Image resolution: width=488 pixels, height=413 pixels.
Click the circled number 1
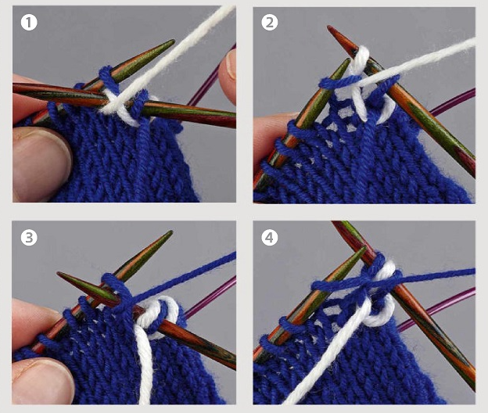[x=29, y=23]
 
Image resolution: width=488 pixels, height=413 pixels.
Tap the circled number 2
[x=270, y=23]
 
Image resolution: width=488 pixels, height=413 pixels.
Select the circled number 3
[x=29, y=238]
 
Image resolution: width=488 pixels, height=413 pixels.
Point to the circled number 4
[x=270, y=238]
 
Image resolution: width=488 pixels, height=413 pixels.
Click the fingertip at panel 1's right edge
[x=228, y=74]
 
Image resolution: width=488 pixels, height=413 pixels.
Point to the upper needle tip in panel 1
[x=173, y=41]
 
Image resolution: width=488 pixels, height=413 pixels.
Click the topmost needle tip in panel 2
[x=328, y=27]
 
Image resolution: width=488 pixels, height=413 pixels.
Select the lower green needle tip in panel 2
[x=348, y=59]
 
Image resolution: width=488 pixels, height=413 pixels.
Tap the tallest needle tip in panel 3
[x=170, y=232]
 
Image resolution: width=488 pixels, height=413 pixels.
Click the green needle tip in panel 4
[x=364, y=249]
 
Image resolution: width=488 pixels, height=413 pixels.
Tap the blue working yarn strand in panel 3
[x=184, y=278]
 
